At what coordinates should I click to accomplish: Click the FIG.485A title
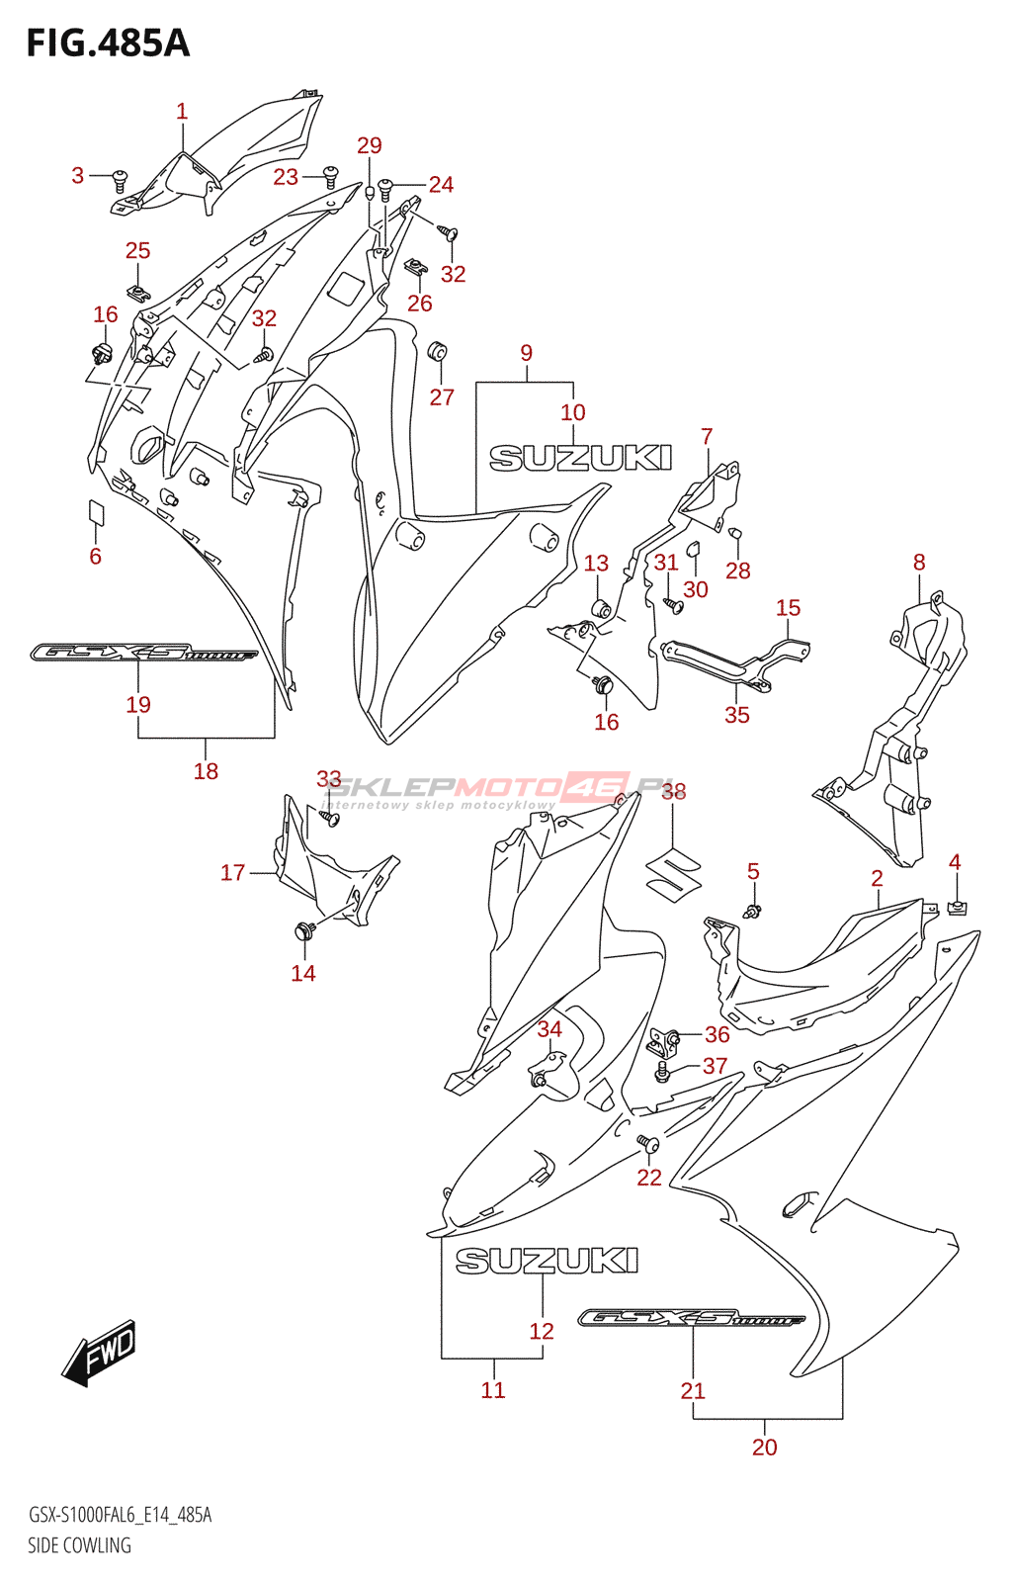point(108,44)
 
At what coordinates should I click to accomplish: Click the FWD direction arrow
point(99,1352)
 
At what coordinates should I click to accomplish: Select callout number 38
point(673,791)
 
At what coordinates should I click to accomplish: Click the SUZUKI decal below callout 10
point(581,458)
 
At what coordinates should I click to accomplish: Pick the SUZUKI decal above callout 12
point(547,1261)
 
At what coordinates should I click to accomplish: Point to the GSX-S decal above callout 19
point(144,653)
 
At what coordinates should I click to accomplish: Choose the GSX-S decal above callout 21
point(692,1318)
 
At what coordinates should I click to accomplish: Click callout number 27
point(442,396)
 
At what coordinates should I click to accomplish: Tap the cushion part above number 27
point(438,351)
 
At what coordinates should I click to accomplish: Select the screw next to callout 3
point(120,179)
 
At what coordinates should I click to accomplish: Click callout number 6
point(95,556)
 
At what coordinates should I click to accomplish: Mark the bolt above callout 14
point(303,929)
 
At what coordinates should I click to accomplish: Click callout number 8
point(919,562)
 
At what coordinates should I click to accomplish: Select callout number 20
point(765,1447)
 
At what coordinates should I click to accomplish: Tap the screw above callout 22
point(648,1145)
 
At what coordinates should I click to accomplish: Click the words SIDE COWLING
point(79,1545)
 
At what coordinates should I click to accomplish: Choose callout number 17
point(232,872)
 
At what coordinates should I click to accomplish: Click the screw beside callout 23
point(330,177)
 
